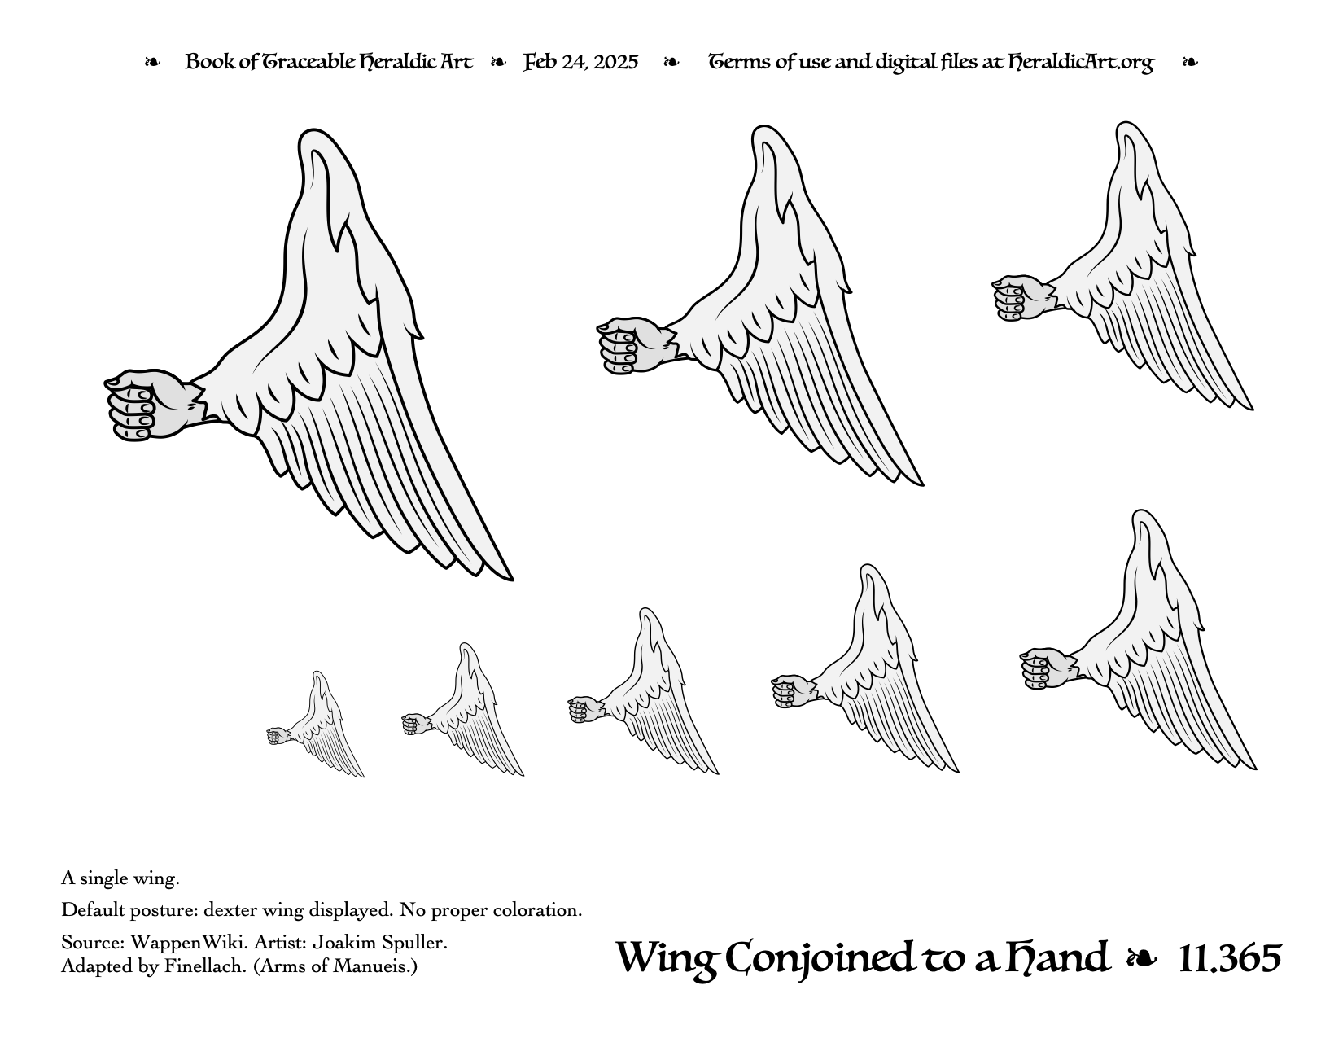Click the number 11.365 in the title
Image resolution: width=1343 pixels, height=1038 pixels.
[x=1229, y=959]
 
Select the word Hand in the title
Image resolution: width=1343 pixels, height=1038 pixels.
[x=1056, y=959]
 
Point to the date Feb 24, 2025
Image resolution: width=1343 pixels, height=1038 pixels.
[x=580, y=62]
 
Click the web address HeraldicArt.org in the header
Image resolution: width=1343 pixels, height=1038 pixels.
[x=1081, y=63]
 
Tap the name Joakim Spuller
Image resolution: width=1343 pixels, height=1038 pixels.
[x=379, y=943]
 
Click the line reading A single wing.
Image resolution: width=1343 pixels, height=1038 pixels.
[x=120, y=878]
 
